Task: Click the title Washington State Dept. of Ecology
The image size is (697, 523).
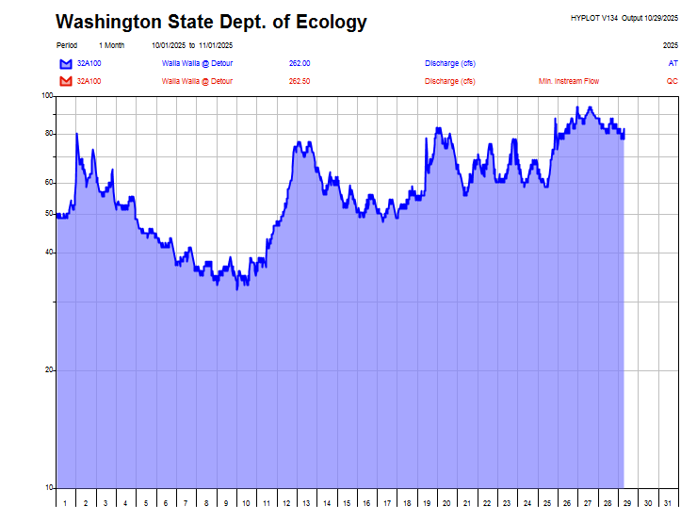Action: [211, 23]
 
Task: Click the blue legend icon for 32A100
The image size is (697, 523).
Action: [65, 63]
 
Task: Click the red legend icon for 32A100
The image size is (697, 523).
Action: [65, 81]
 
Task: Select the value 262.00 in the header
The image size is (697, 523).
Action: [300, 63]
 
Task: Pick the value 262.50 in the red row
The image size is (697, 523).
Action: [300, 81]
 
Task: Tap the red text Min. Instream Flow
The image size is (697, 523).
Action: [568, 81]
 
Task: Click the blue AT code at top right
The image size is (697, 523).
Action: [673, 63]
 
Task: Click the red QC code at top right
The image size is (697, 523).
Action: [672, 81]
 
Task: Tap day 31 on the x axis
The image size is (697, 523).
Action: [667, 504]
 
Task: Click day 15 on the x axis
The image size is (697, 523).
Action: [347, 504]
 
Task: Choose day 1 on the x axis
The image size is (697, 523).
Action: [65, 504]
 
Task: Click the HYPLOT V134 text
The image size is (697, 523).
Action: [594, 18]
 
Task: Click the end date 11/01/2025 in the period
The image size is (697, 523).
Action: [216, 45]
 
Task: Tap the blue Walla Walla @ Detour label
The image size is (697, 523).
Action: [197, 63]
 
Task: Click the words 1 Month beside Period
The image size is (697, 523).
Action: [111, 45]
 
